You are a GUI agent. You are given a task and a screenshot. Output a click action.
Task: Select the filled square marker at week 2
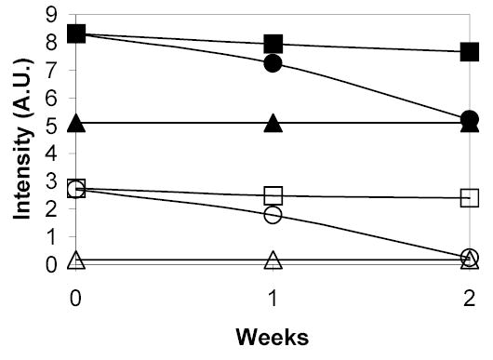click(471, 52)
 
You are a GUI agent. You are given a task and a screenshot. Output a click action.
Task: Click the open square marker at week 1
click(273, 195)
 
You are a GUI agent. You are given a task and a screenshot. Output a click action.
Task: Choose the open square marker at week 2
click(471, 197)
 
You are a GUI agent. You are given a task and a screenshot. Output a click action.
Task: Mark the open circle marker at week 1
click(273, 214)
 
